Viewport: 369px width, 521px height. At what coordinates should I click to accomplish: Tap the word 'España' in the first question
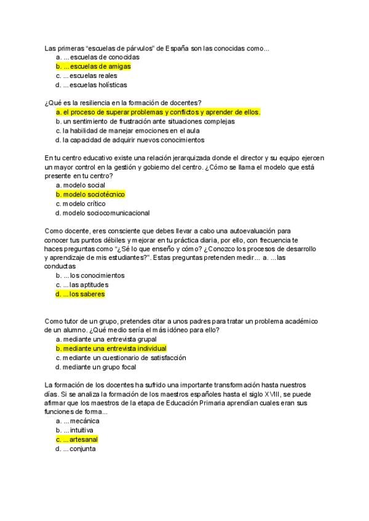click(177, 48)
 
